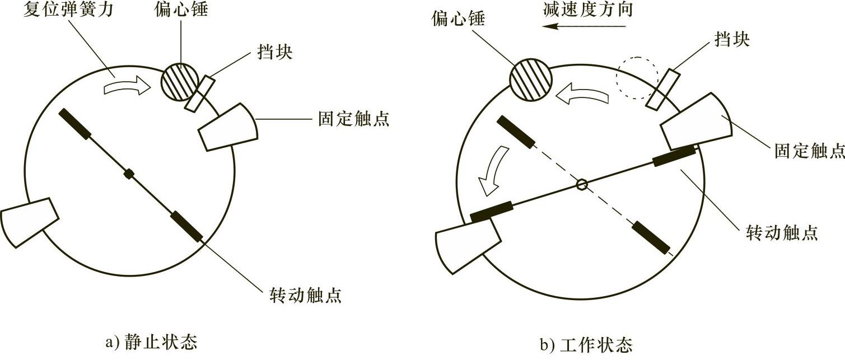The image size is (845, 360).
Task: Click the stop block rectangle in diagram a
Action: [199, 93]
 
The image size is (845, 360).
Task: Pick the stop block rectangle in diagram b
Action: [663, 90]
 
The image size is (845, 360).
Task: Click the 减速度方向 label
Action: [588, 9]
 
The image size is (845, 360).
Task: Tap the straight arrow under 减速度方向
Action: [583, 26]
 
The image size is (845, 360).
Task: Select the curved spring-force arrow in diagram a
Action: [127, 84]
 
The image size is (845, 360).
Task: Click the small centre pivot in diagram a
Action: [129, 174]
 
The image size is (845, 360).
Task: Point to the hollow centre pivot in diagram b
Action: [582, 185]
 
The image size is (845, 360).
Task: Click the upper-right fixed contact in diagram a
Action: [228, 127]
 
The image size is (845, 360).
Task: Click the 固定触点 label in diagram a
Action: [353, 119]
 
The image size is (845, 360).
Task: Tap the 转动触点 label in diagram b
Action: [782, 232]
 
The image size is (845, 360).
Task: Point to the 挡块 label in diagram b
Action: [732, 39]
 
